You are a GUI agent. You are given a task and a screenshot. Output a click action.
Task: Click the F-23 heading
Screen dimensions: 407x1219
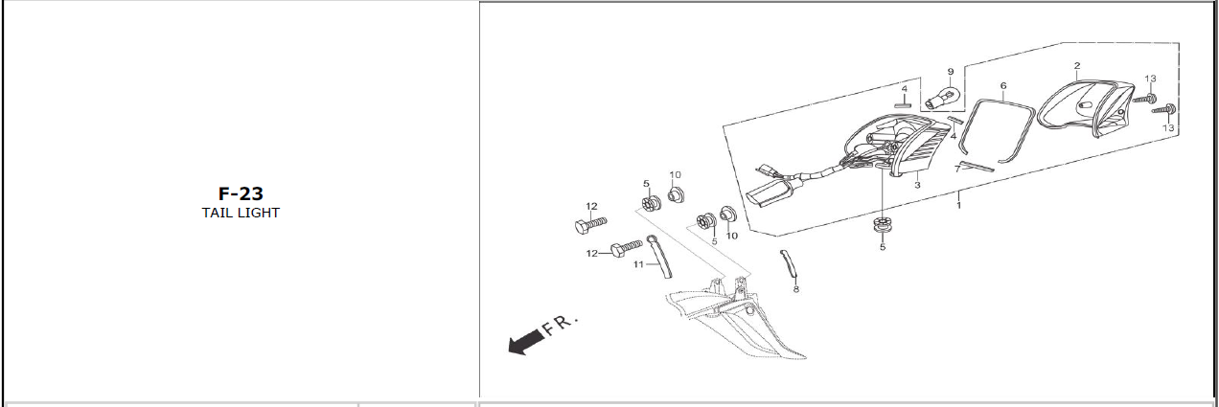(241, 193)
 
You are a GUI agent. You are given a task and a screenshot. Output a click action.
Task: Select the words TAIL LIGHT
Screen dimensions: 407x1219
(241, 213)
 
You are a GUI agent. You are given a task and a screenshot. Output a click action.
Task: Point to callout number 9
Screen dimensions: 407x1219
(951, 72)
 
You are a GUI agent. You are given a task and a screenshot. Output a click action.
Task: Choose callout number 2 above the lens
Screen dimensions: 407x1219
(1076, 66)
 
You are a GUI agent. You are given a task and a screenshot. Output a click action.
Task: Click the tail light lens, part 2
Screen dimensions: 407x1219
(1083, 107)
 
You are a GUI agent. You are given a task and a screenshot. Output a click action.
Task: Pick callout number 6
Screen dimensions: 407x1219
(1003, 85)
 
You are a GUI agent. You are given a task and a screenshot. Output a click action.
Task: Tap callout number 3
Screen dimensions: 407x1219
(917, 185)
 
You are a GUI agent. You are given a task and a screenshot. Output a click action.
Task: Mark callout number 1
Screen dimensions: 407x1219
(959, 206)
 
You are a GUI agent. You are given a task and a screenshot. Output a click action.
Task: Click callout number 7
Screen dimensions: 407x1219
(956, 170)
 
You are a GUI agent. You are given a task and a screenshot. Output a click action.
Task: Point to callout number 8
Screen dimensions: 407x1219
(795, 287)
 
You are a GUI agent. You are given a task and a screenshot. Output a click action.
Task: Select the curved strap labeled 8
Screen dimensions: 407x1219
(789, 262)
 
